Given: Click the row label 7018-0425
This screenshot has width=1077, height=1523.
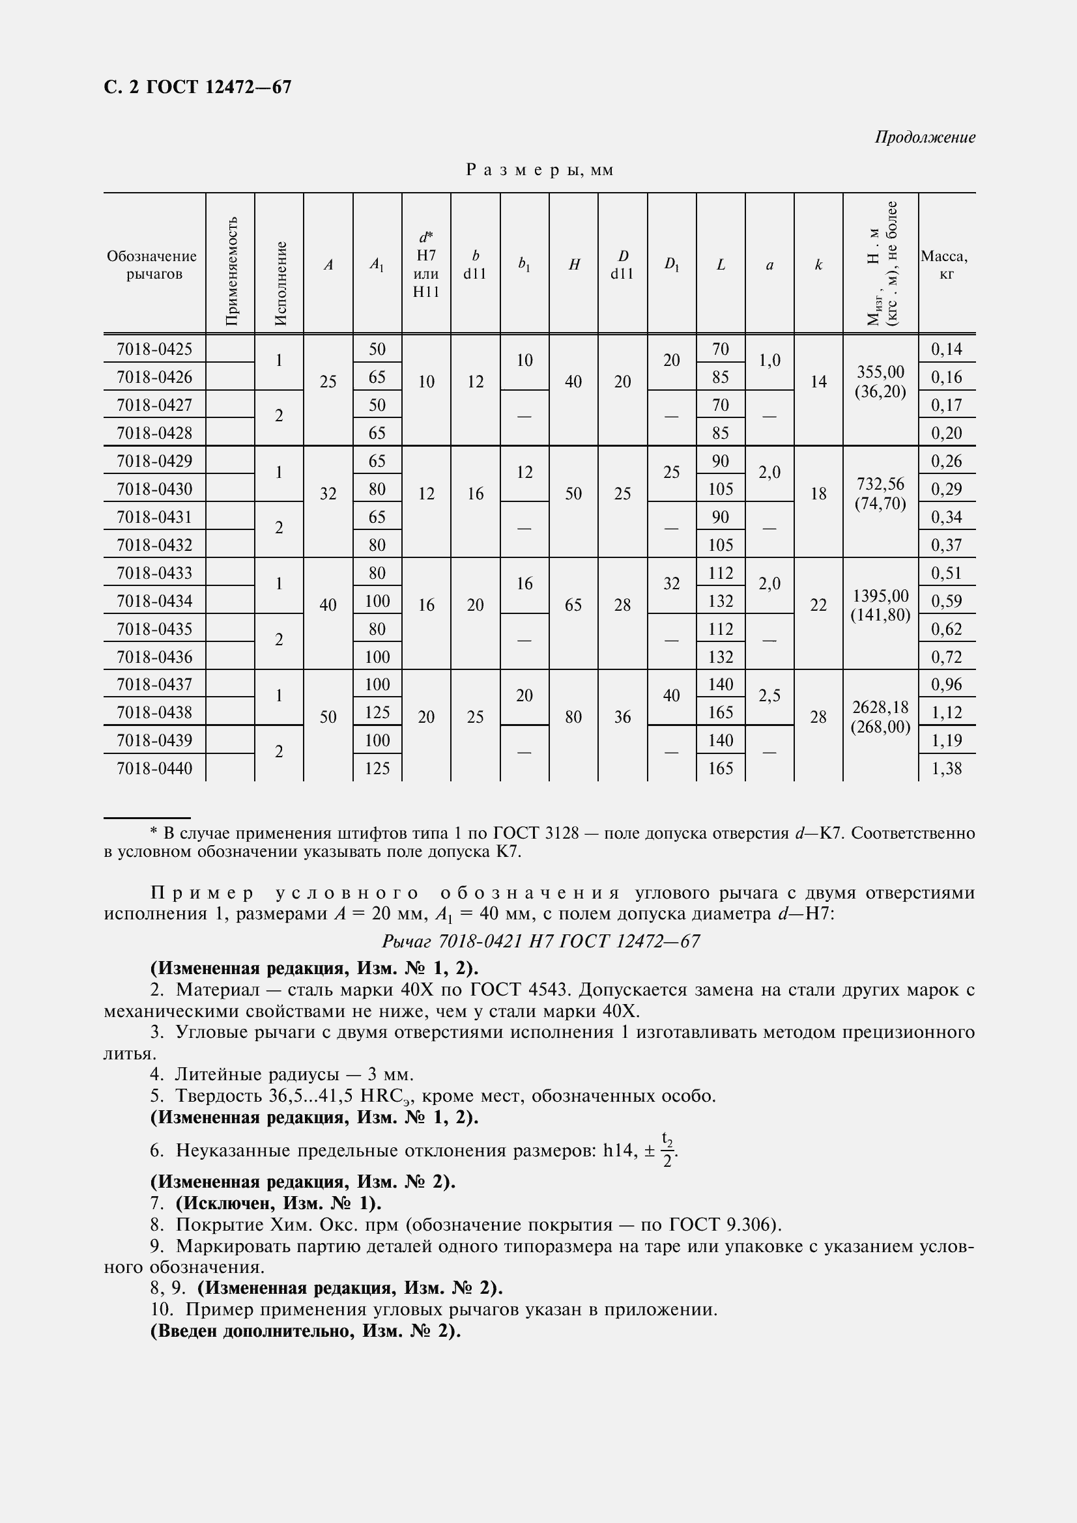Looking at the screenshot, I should click(x=154, y=349).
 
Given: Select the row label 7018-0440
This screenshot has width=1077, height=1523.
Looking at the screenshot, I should click(x=154, y=768).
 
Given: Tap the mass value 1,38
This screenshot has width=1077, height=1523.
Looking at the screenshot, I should click(x=946, y=768).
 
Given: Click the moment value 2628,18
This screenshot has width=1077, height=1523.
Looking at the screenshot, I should click(x=880, y=707).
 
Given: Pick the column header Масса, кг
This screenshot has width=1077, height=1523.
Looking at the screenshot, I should click(x=945, y=264).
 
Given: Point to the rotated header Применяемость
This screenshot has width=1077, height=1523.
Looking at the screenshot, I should click(x=231, y=271).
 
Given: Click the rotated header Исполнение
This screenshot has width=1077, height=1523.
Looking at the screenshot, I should click(x=280, y=283).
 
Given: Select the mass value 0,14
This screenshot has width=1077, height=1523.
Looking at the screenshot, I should click(x=946, y=349).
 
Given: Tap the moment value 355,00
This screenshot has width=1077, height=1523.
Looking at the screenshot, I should click(x=880, y=371).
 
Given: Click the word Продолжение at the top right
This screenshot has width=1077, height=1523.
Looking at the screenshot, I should click(x=925, y=137).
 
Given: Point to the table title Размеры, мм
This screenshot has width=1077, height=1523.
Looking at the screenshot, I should click(x=539, y=170).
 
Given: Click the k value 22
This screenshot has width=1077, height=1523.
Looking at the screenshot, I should click(x=818, y=605).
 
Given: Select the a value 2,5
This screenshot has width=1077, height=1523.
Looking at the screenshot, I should click(x=769, y=695).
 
